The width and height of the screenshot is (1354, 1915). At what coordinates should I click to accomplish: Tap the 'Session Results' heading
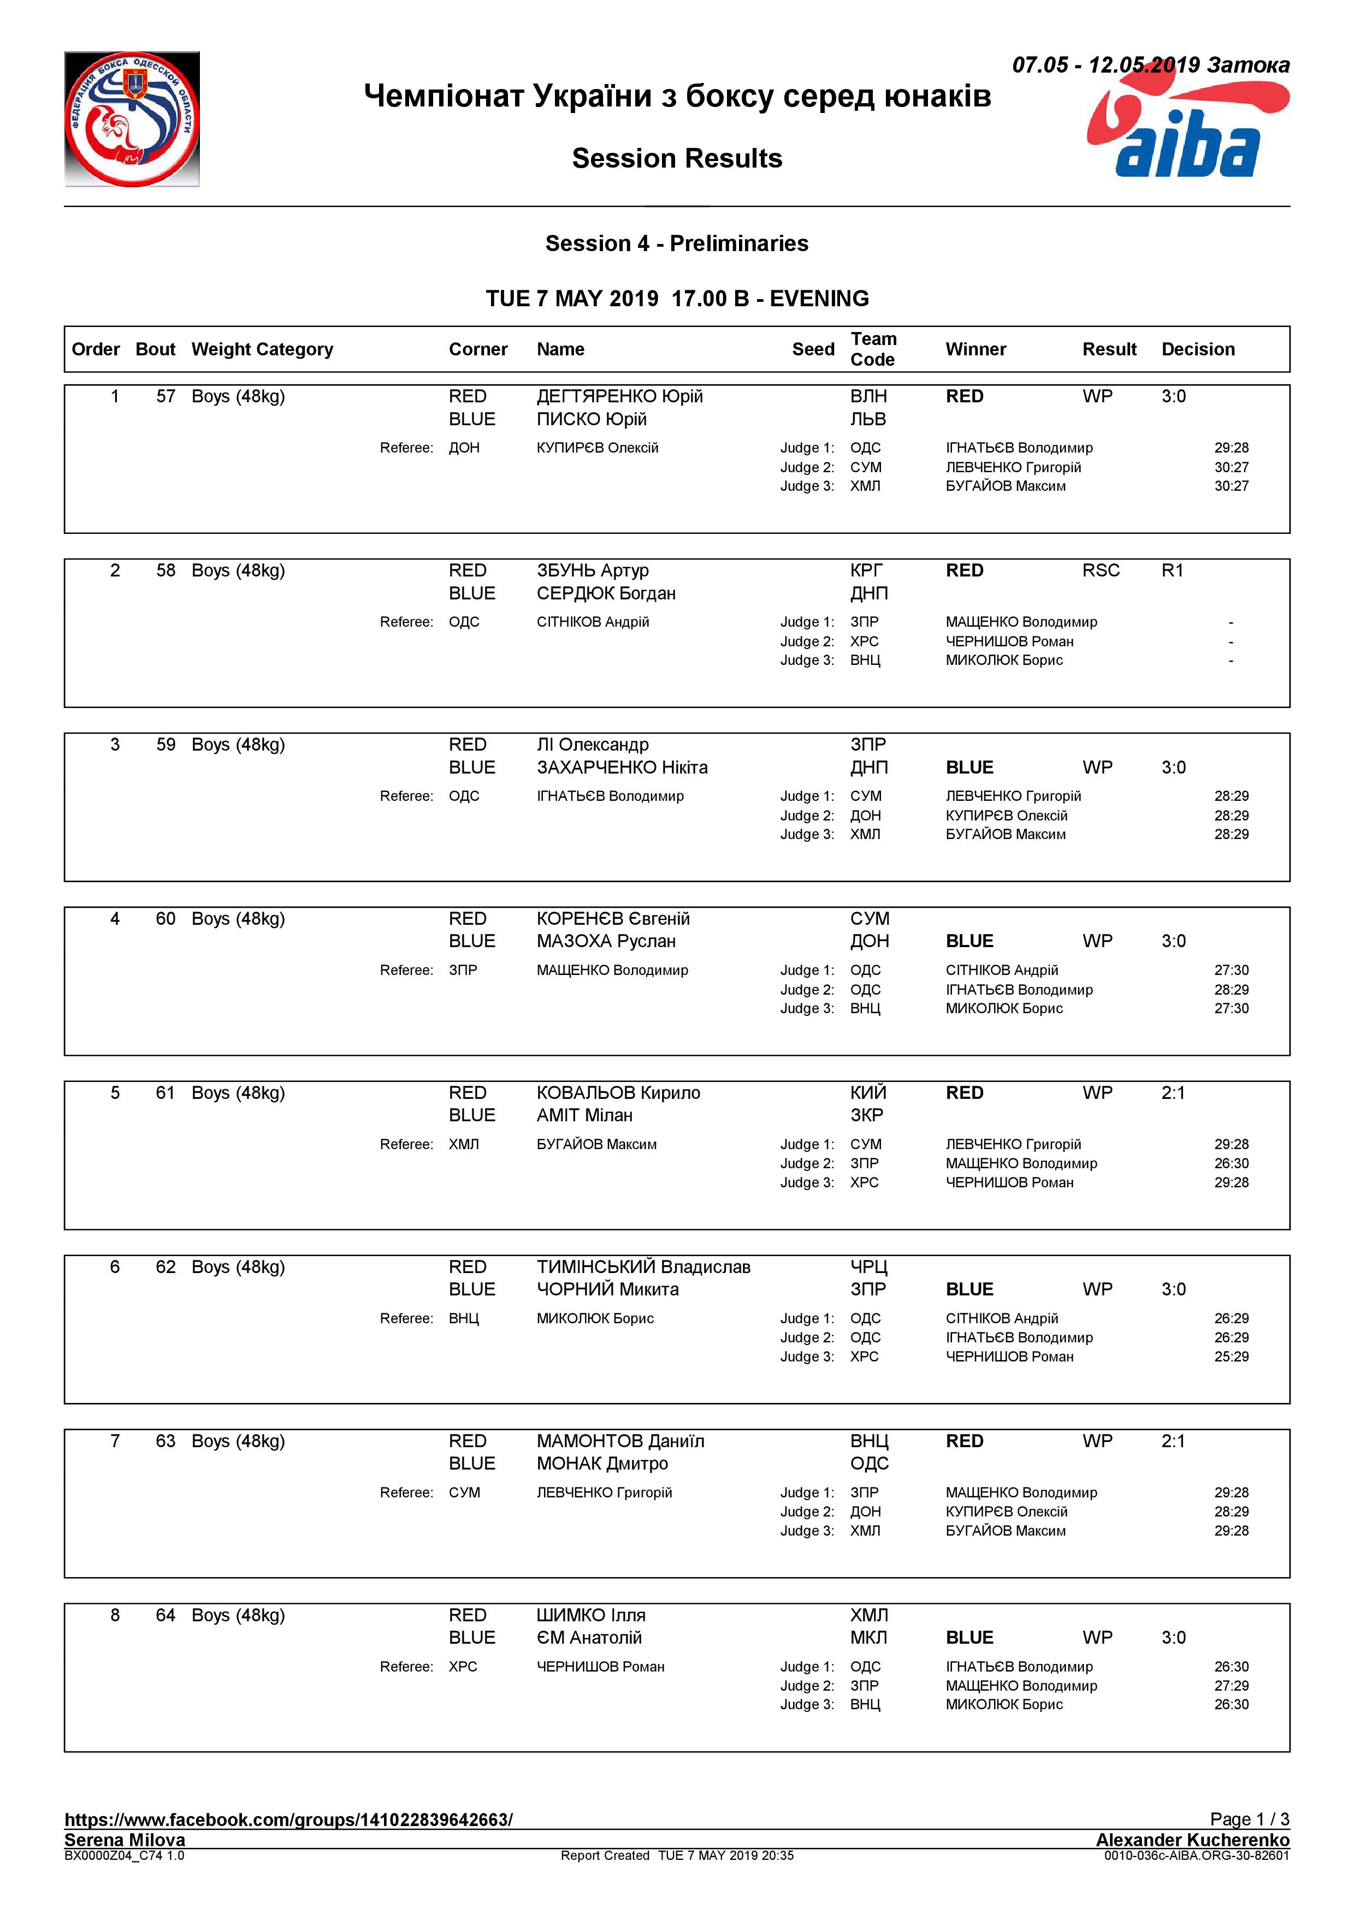point(677,158)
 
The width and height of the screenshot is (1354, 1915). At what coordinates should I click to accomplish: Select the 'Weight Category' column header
point(262,349)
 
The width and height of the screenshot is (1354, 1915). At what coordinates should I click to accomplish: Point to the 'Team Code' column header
point(873,349)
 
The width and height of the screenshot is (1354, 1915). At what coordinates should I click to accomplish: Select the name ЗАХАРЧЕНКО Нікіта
point(622,768)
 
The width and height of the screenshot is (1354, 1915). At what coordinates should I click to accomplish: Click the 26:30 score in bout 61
point(1231,1163)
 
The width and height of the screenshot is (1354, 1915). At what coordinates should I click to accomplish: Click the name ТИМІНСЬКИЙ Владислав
point(643,1267)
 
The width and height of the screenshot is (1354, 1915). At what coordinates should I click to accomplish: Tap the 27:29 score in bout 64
point(1231,1686)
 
